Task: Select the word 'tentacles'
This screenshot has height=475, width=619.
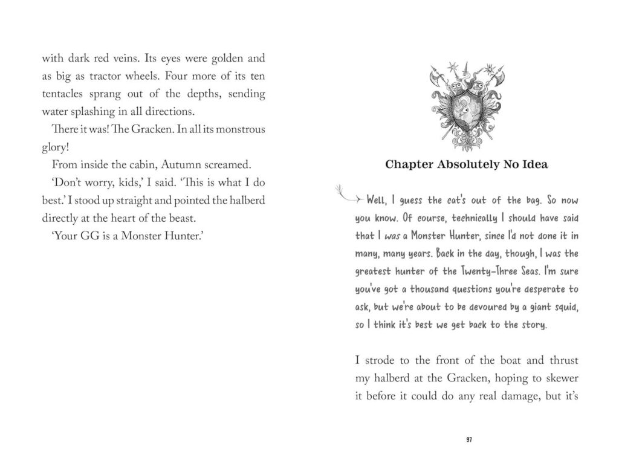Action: [66, 94]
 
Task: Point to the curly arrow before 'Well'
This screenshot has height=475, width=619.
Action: [346, 195]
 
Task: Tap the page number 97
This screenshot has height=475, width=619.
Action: [468, 439]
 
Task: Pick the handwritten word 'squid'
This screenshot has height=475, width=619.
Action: [565, 307]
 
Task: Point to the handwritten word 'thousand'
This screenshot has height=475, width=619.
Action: [411, 289]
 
